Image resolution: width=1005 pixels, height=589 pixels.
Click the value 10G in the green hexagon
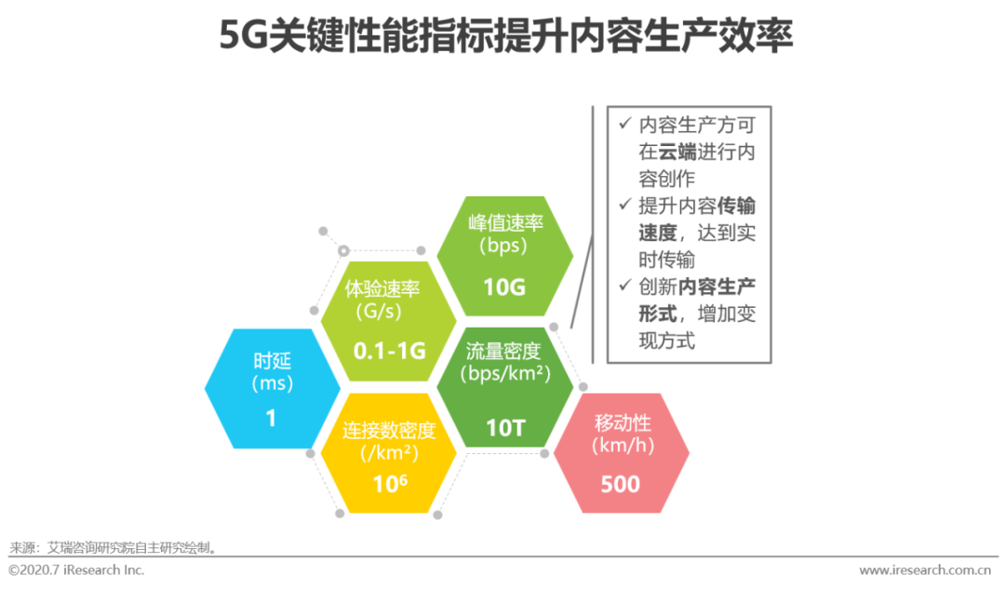click(x=504, y=287)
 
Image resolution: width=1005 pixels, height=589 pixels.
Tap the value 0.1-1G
click(x=389, y=351)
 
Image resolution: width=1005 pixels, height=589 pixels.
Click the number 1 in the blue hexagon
click(x=271, y=419)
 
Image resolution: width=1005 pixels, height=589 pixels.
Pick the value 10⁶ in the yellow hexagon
click(x=389, y=484)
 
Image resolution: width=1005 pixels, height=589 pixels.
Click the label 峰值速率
click(x=504, y=223)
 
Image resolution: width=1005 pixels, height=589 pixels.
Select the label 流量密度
click(x=503, y=351)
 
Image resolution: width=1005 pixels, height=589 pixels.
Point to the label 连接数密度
click(x=389, y=430)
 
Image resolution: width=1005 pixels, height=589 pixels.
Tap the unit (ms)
click(x=272, y=382)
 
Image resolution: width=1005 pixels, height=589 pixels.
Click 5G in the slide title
click(x=243, y=36)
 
